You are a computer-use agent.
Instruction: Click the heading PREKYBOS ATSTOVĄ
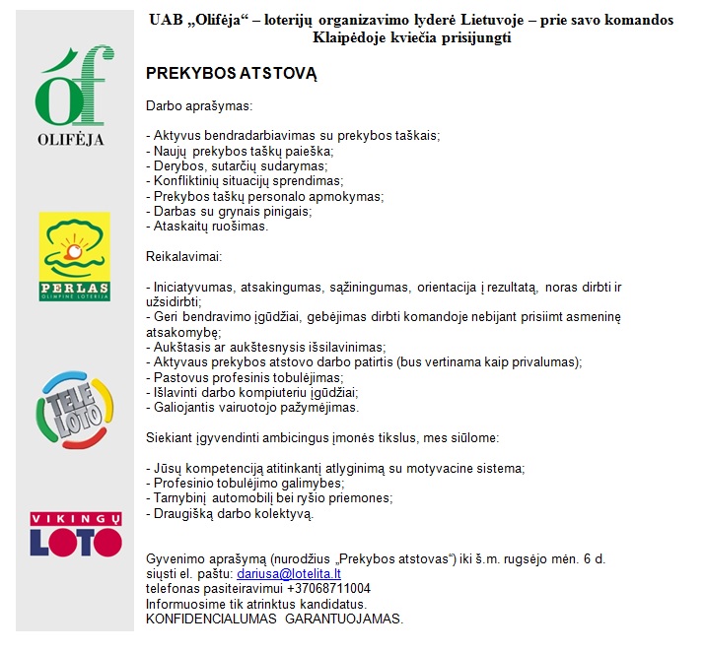click(x=218, y=75)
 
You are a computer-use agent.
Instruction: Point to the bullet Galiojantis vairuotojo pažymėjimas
click(x=253, y=407)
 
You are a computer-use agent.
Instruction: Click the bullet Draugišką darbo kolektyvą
click(x=231, y=513)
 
